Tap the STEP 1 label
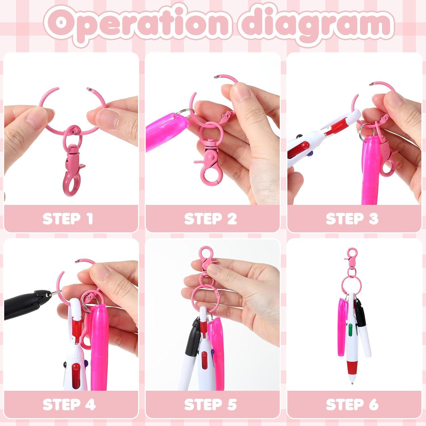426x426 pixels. (x=68, y=219)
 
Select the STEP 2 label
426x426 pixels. (x=210, y=219)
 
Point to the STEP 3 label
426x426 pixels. (x=352, y=219)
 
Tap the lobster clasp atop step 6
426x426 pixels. (x=352, y=256)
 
